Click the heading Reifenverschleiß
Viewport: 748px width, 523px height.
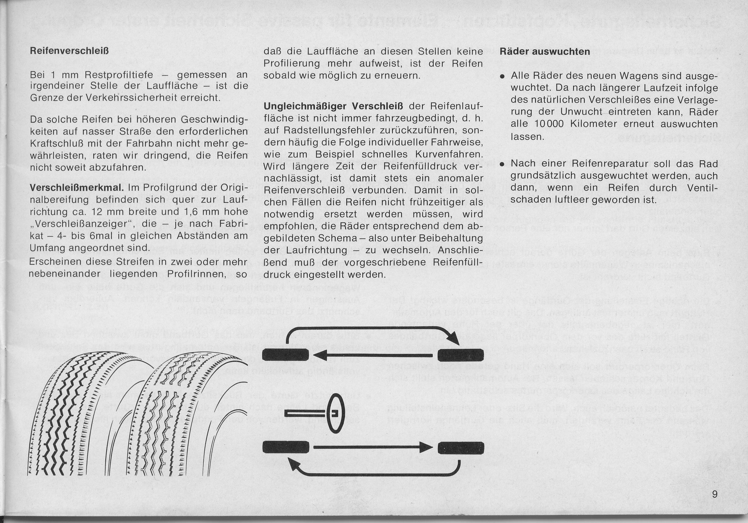point(69,52)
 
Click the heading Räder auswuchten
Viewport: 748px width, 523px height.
point(545,52)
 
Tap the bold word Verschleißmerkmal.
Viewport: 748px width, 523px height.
point(77,188)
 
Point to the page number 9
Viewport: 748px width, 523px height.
point(715,494)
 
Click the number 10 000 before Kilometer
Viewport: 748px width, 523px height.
point(549,124)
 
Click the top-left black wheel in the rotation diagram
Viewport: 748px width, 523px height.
point(285,354)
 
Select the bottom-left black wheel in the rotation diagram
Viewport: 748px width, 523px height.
point(285,447)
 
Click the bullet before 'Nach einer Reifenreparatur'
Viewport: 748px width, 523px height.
point(503,165)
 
